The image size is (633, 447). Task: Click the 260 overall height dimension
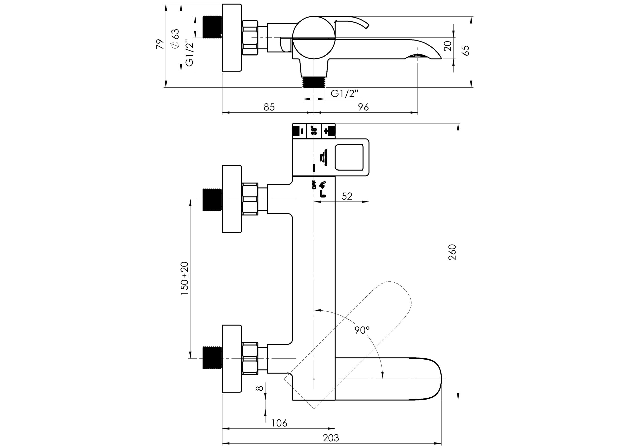coord(452,252)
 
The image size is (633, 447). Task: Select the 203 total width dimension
coord(331,438)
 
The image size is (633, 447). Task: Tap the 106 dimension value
coord(279,423)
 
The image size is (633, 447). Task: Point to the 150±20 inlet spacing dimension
coord(184,278)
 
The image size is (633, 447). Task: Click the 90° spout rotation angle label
coord(362,330)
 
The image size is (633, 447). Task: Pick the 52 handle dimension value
coord(347,196)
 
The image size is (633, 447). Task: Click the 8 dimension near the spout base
coord(259,388)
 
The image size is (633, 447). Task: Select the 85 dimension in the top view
coord(269,107)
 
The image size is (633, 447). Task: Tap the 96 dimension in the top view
coord(363,107)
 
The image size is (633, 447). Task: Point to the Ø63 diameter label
coord(175,39)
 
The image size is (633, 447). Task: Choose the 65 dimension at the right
coord(466,50)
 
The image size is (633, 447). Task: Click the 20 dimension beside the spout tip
coord(448,46)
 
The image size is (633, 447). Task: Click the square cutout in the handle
coord(349,157)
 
